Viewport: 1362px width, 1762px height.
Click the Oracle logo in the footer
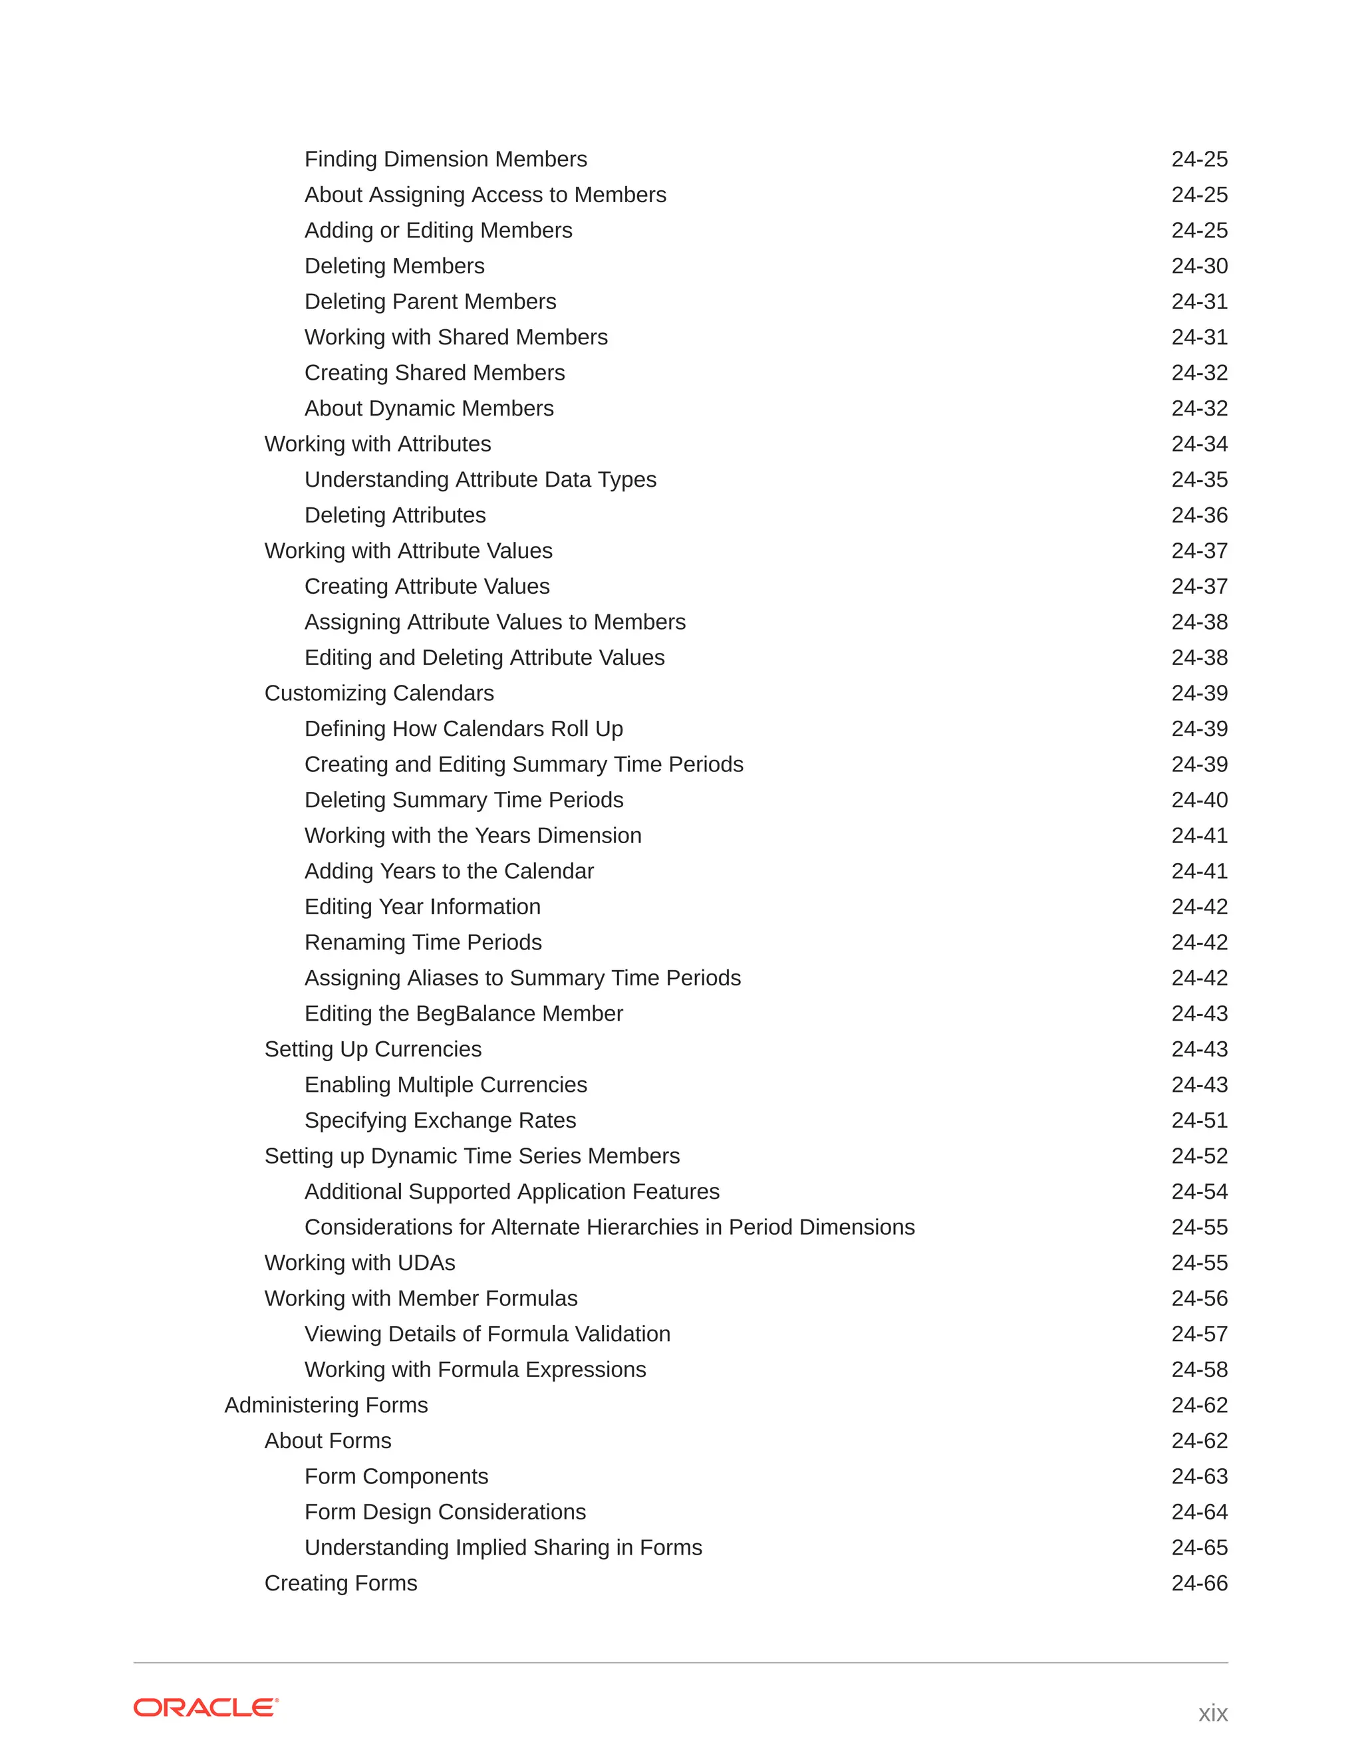coord(205,1707)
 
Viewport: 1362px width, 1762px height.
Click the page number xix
coord(1212,1712)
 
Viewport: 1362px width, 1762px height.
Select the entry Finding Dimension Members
coord(446,159)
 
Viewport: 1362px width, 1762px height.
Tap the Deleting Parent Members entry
coord(430,302)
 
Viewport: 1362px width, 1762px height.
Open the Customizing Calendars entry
coord(379,693)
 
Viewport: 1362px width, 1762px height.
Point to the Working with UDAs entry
coord(360,1263)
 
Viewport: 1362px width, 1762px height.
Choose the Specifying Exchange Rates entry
coord(440,1120)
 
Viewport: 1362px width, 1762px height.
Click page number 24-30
coord(1199,266)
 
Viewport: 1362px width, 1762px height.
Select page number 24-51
coord(1199,1120)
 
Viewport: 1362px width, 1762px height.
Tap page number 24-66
coord(1199,1583)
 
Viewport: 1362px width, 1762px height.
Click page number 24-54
coord(1199,1192)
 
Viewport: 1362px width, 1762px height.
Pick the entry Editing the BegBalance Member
coord(463,1013)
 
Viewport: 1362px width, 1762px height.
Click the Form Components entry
coord(396,1476)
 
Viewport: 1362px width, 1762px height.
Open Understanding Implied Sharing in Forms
coord(503,1547)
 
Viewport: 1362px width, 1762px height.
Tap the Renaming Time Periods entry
coord(423,942)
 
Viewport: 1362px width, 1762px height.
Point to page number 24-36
coord(1199,515)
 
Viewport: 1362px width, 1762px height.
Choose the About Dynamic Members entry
coord(428,408)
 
